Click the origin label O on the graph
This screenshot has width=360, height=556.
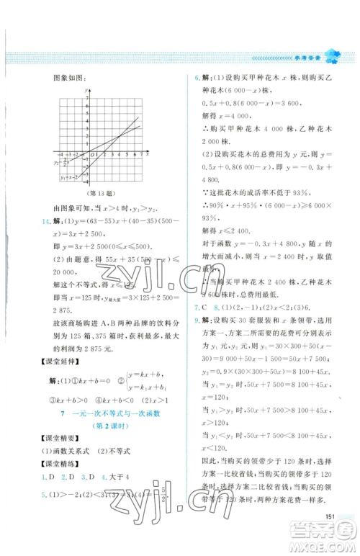click(x=84, y=156)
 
